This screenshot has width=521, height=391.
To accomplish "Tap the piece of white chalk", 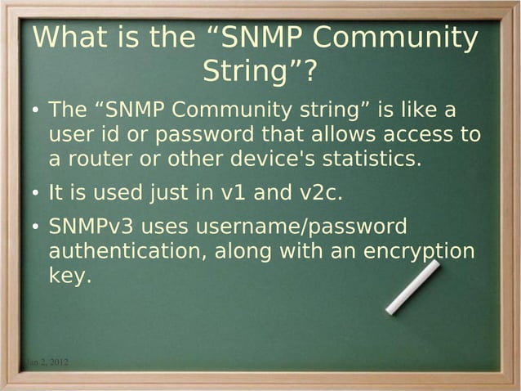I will (412, 287).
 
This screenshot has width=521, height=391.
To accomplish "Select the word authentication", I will (127, 251).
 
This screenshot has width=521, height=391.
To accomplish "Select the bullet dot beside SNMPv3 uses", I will (37, 227).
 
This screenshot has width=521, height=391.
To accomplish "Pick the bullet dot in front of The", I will (37, 110).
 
